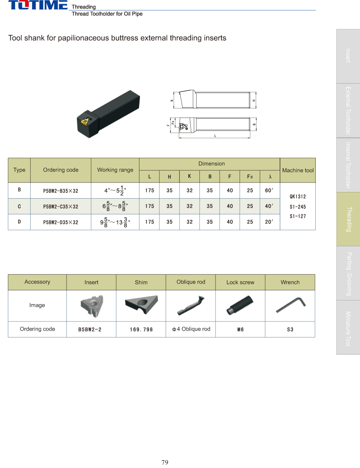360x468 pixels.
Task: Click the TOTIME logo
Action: (38, 5)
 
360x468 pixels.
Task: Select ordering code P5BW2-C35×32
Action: (60, 206)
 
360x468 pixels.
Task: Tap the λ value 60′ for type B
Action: (269, 190)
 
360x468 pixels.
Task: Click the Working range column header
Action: (115, 170)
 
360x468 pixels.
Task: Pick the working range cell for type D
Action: (115, 222)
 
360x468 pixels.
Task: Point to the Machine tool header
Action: (298, 170)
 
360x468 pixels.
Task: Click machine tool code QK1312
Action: (298, 197)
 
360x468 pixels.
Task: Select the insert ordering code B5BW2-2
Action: (90, 329)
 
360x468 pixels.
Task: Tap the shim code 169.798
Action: (141, 329)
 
